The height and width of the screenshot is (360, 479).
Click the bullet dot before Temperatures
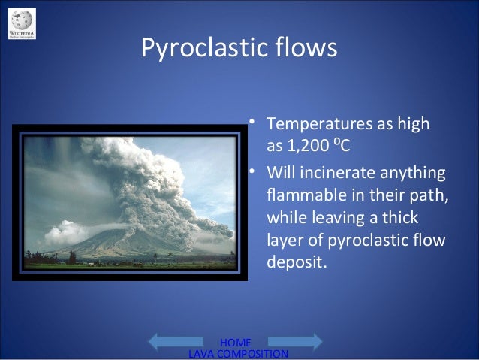[255, 120]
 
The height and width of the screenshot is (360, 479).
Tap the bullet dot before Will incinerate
[255, 173]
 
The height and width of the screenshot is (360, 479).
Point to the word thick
[417, 219]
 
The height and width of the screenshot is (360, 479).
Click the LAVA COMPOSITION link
[236, 353]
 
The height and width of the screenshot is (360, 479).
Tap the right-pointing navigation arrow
[303, 341]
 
